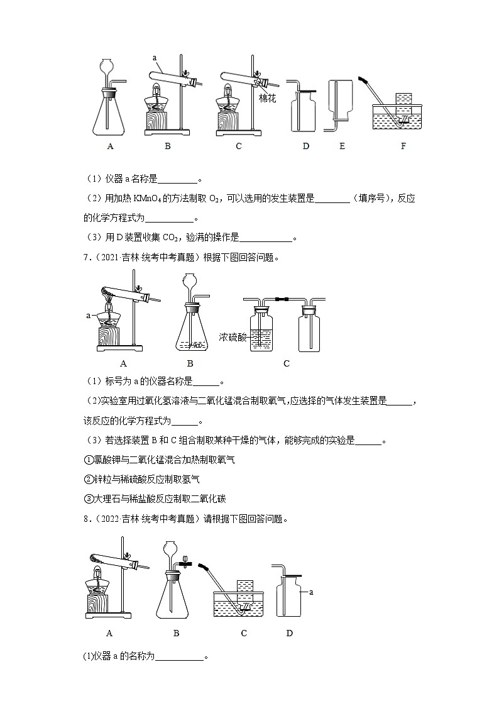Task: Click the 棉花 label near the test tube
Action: point(268,98)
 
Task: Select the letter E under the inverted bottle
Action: point(342,146)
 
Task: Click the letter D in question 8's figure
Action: point(289,633)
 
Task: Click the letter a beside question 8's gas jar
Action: point(311,592)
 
